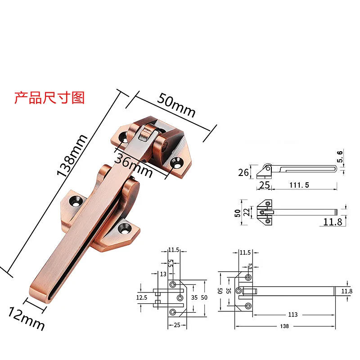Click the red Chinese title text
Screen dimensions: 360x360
49,98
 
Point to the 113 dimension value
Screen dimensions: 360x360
293,315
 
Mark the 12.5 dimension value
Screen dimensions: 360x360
142,297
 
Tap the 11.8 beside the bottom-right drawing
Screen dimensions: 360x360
347,291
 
